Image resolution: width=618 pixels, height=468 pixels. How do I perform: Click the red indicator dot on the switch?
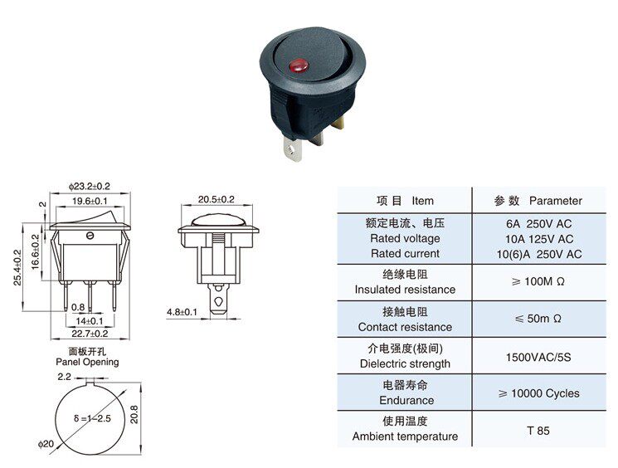pyautogui.click(x=299, y=66)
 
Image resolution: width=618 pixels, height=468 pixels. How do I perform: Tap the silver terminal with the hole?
pyautogui.click(x=293, y=149)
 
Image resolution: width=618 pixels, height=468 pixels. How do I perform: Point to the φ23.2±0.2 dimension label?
pyautogui.click(x=89, y=186)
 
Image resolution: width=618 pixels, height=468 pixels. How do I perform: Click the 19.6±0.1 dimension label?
pyautogui.click(x=90, y=201)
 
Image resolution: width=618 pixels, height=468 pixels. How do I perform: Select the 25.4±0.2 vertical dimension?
pyautogui.click(x=17, y=267)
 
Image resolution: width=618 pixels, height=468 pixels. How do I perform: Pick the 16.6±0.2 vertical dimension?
pyautogui.click(x=36, y=252)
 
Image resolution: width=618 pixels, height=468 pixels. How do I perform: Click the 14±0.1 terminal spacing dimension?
pyautogui.click(x=90, y=321)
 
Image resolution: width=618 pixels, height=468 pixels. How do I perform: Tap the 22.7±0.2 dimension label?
pyautogui.click(x=90, y=334)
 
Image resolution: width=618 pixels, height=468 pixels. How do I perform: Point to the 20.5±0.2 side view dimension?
pyautogui.click(x=216, y=199)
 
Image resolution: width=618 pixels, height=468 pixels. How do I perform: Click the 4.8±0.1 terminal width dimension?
pyautogui.click(x=182, y=312)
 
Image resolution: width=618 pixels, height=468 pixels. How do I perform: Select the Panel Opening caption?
pyautogui.click(x=87, y=362)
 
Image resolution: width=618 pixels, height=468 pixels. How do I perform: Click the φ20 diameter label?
pyautogui.click(x=46, y=444)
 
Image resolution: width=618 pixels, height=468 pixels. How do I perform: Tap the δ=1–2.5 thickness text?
pyautogui.click(x=92, y=418)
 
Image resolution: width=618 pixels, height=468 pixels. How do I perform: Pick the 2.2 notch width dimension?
pyautogui.click(x=64, y=377)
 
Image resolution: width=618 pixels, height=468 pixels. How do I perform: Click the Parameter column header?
pyautogui.click(x=555, y=201)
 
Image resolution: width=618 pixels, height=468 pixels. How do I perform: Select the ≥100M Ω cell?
pyautogui.click(x=538, y=281)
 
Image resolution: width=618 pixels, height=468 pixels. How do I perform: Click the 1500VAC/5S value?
pyautogui.click(x=538, y=357)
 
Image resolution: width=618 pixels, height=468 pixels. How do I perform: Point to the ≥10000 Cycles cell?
pyautogui.click(x=538, y=393)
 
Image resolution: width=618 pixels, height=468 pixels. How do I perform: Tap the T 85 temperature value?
pyautogui.click(x=538, y=431)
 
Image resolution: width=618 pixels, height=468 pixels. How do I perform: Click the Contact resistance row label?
pyautogui.click(x=405, y=327)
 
